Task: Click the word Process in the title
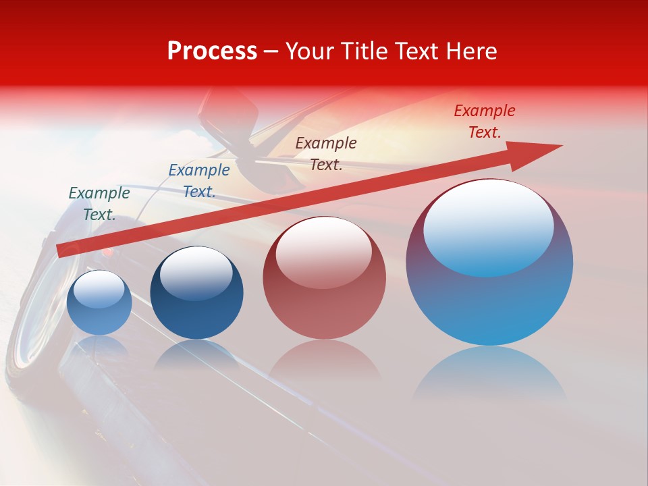pos(212,51)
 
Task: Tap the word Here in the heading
pos(470,51)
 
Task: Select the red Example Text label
pos(484,122)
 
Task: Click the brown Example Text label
pos(326,153)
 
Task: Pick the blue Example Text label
pos(199,181)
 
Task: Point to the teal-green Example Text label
pos(99,203)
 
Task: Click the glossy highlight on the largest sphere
pos(488,226)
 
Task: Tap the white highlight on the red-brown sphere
pos(323,251)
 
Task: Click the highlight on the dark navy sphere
pos(196,271)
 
